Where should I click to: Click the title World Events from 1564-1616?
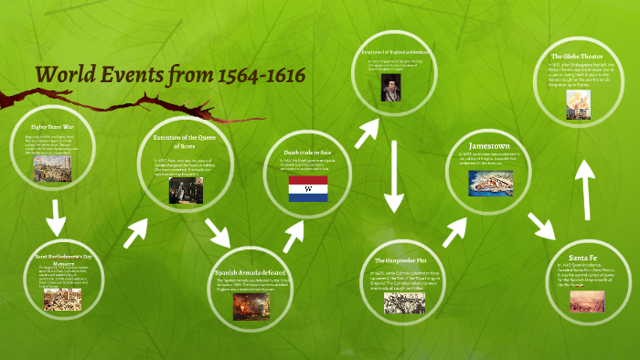(x=168, y=76)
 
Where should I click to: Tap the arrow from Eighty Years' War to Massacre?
(x=56, y=218)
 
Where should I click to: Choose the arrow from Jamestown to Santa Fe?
(x=543, y=218)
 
